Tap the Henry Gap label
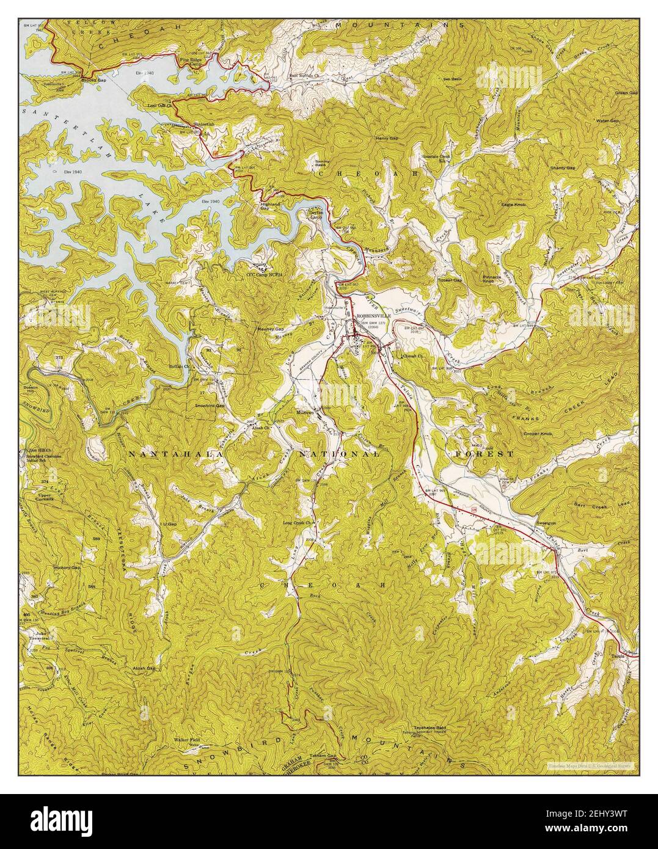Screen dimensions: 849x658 click(387, 139)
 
